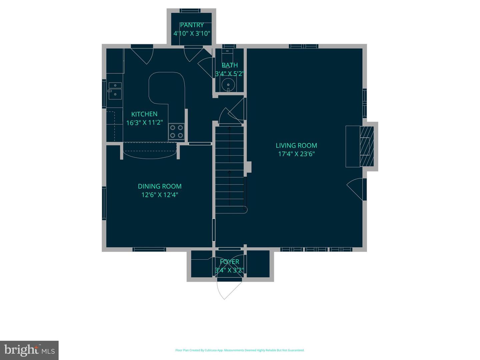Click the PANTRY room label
coord(192,25)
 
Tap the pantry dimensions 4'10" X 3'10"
coord(192,33)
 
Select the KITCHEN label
coord(144,114)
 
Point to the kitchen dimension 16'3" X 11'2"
coord(144,123)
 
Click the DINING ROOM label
coord(160,186)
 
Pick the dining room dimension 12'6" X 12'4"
coord(160,195)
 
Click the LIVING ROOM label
coord(296,145)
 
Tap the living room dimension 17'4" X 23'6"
coord(296,154)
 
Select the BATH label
coord(230,65)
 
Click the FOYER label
coord(229,262)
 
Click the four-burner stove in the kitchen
coord(177,131)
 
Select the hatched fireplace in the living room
coord(367,146)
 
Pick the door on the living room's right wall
coord(358,189)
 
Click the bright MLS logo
coord(29,350)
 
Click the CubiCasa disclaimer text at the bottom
coord(240,350)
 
